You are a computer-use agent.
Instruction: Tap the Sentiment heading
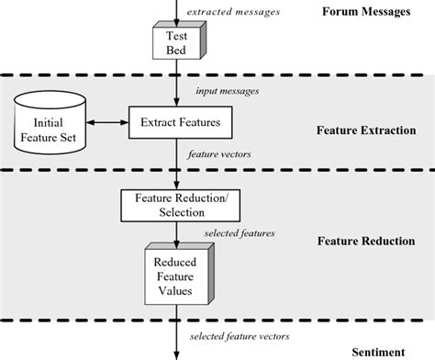[x=379, y=352]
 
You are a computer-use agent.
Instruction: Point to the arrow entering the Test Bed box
[x=173, y=11]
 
